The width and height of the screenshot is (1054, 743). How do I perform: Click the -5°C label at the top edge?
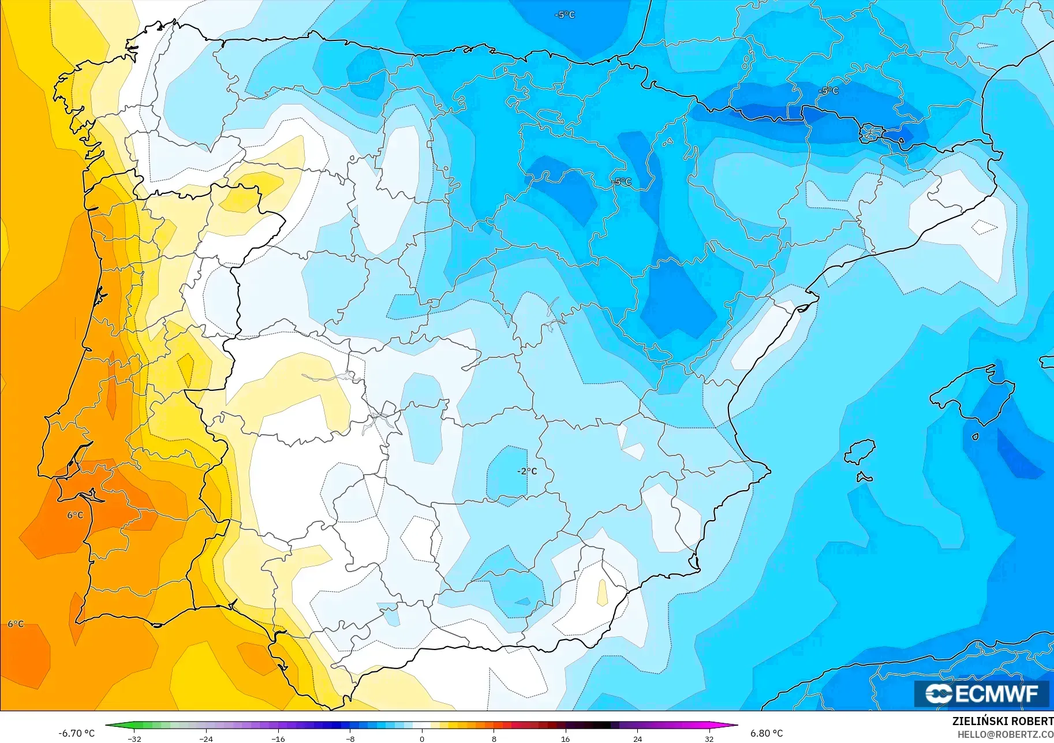[565, 15]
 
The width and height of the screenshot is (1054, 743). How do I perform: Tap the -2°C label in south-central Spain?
[527, 471]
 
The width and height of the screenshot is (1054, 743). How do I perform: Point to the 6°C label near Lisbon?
[75, 515]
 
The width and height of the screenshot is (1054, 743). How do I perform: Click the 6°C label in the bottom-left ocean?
[16, 624]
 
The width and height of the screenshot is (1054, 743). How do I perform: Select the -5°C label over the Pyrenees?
[828, 91]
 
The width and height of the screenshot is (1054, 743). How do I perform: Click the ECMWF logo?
[981, 693]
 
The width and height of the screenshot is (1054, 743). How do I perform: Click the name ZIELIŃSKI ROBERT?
[1003, 721]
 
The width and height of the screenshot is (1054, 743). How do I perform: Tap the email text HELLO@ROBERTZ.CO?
[1006, 734]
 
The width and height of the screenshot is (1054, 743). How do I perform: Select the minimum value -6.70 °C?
[76, 733]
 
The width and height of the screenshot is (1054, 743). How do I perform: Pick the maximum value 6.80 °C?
[767, 733]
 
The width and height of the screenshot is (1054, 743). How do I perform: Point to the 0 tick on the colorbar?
[422, 739]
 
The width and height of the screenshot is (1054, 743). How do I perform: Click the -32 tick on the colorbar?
[134, 739]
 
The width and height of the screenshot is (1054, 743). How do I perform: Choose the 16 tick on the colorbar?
[565, 739]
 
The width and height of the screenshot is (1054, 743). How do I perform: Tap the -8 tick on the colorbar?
[350, 739]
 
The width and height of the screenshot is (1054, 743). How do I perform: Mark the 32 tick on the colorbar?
[709, 739]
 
